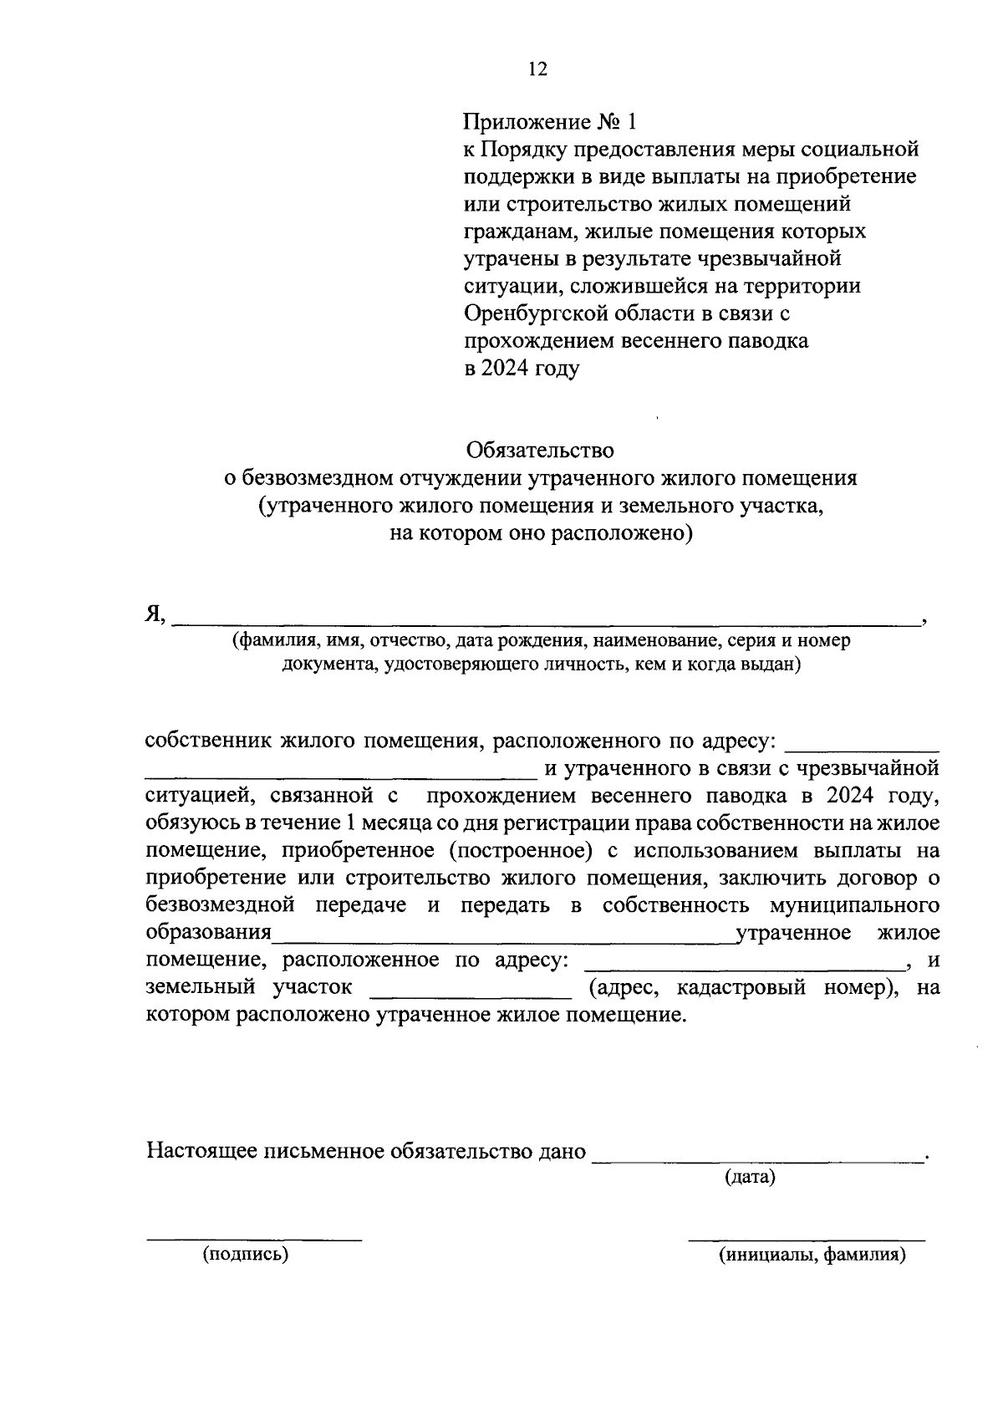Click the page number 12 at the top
537,69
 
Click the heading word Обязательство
540,451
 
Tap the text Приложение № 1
550,122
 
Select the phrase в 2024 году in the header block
522,369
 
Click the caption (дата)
750,1178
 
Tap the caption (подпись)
245,1255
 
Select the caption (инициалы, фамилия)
812,1255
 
